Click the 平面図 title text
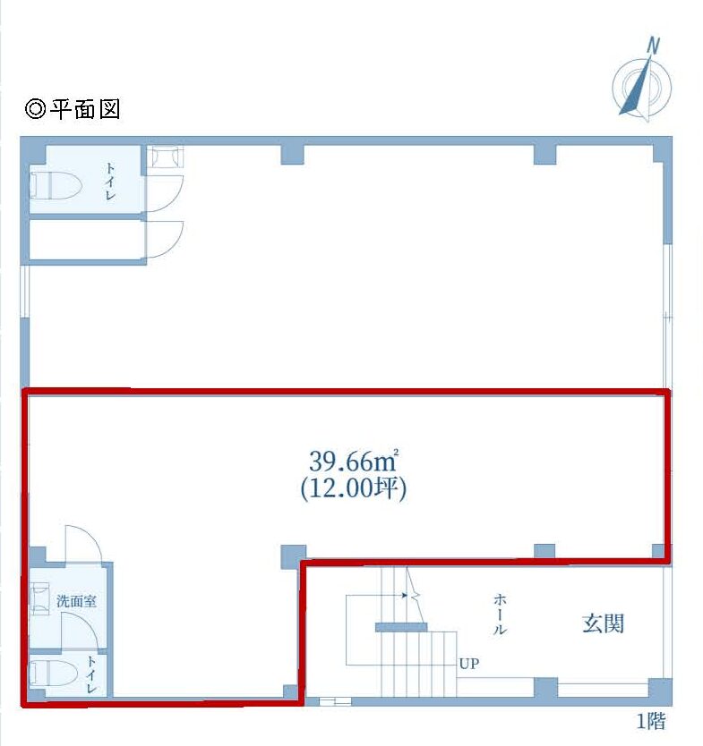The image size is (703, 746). pyautogui.click(x=86, y=109)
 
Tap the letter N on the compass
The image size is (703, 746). pyautogui.click(x=653, y=47)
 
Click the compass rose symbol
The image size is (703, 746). pyautogui.click(x=641, y=89)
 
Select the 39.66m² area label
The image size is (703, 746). pyautogui.click(x=354, y=460)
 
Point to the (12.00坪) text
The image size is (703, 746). pyautogui.click(x=354, y=487)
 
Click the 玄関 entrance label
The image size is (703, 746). pyautogui.click(x=603, y=623)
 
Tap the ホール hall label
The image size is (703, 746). pyautogui.click(x=500, y=614)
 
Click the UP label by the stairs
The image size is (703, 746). pyautogui.click(x=469, y=663)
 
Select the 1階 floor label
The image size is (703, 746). pyautogui.click(x=652, y=721)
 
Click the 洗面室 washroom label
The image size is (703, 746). pyautogui.click(x=76, y=601)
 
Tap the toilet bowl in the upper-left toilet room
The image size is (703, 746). pyautogui.click(x=56, y=185)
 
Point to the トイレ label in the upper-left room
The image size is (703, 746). pyautogui.click(x=110, y=182)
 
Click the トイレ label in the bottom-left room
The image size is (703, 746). pyautogui.click(x=90, y=674)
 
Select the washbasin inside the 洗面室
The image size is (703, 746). pyautogui.click(x=39, y=598)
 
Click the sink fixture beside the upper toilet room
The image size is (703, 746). pyautogui.click(x=165, y=157)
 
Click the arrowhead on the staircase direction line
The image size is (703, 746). pyautogui.click(x=405, y=595)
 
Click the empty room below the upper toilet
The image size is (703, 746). pyautogui.click(x=87, y=241)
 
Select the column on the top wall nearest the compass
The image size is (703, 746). pyautogui.click(x=544, y=155)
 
